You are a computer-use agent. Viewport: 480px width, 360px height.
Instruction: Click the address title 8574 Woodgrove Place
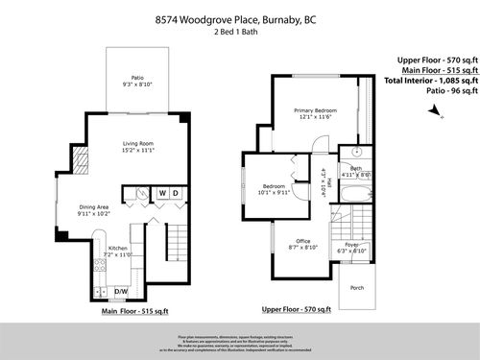pos(239,17)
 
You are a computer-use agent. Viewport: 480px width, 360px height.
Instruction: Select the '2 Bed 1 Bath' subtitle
pos(239,32)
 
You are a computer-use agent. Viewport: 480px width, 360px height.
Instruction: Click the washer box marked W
pos(162,193)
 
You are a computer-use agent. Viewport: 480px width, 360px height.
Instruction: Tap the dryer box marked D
pos(176,193)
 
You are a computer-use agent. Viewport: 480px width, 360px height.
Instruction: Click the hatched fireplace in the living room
pos(83,162)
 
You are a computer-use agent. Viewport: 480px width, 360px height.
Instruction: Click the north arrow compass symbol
pos(436,112)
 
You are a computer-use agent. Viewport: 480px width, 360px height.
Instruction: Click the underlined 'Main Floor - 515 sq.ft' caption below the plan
pos(134,311)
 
